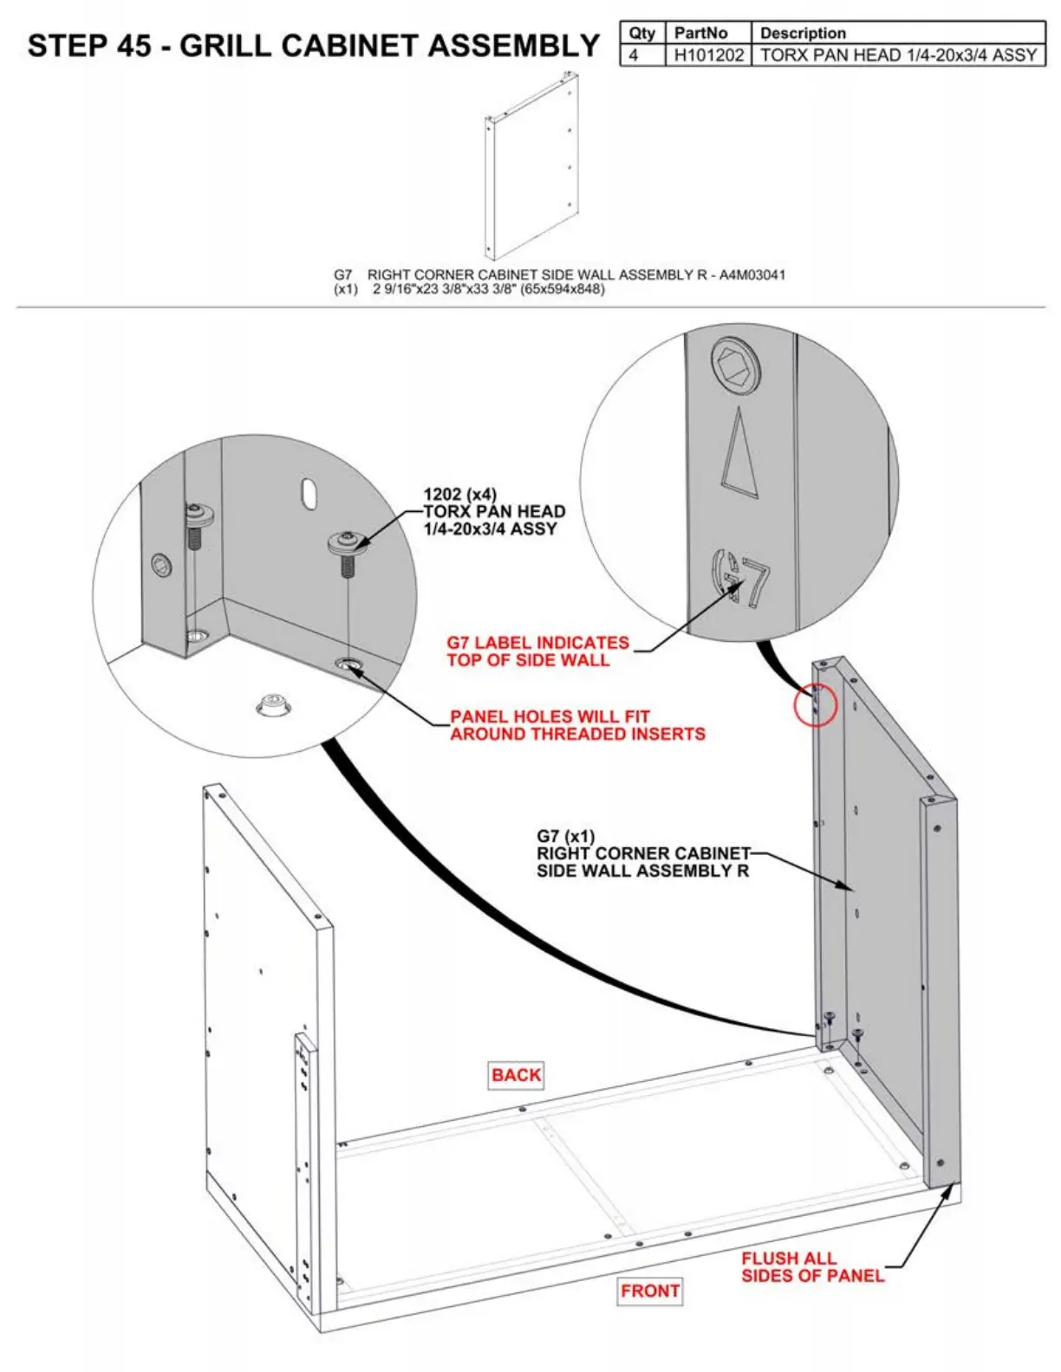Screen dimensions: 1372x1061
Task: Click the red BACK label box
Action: pyautogui.click(x=517, y=1075)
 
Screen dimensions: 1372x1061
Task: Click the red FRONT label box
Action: pyautogui.click(x=650, y=1291)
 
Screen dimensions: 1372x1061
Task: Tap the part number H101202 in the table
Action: pyautogui.click(x=708, y=55)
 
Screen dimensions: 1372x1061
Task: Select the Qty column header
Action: pyautogui.click(x=641, y=33)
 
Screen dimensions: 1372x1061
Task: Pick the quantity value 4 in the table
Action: pyautogui.click(x=634, y=55)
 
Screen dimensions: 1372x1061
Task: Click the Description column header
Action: pyautogui.click(x=803, y=33)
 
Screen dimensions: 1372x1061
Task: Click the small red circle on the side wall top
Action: pyautogui.click(x=816, y=704)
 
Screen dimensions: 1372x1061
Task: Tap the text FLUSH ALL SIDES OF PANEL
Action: pyautogui.click(x=812, y=1266)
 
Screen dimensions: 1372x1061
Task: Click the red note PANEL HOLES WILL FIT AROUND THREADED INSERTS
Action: pyautogui.click(x=577, y=725)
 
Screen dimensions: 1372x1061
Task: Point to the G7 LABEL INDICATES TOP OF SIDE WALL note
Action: pyautogui.click(x=537, y=651)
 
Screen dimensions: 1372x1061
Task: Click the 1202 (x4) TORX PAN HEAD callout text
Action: pyautogui.click(x=494, y=511)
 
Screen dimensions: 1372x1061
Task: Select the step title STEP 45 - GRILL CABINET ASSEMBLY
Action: pyautogui.click(x=313, y=45)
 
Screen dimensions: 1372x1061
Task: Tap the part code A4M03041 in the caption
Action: pyautogui.click(x=752, y=275)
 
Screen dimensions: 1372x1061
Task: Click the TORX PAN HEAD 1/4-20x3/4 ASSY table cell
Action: pyautogui.click(x=898, y=55)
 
